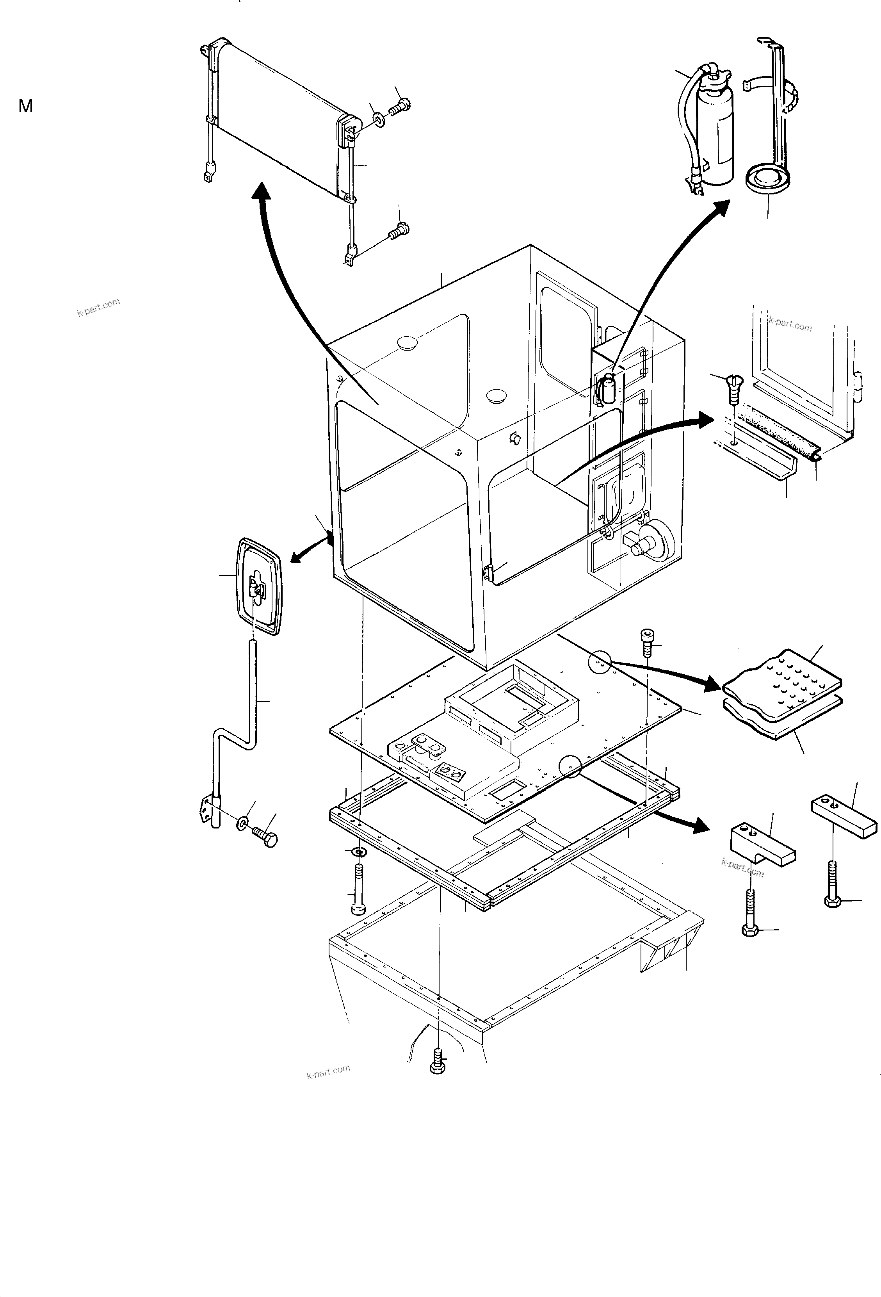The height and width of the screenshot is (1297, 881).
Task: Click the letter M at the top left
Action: tap(26, 106)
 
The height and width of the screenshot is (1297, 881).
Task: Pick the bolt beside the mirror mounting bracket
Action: tap(265, 837)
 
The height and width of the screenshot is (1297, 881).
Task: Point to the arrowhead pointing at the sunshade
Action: tap(260, 192)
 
